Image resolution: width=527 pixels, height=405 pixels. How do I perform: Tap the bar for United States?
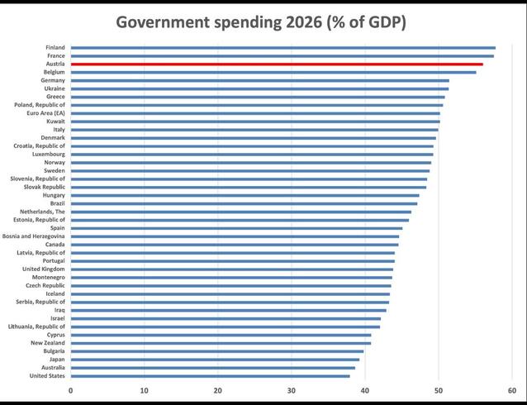click(210, 376)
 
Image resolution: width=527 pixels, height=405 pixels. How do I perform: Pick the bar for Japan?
click(215, 360)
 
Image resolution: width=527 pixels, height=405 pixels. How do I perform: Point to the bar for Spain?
click(236, 228)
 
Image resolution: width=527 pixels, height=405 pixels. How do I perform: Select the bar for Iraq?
click(228, 310)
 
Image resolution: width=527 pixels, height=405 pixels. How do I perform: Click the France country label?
click(56, 55)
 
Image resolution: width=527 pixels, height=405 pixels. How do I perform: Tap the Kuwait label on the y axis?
click(55, 121)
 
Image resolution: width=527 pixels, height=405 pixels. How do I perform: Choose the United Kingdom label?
click(44, 269)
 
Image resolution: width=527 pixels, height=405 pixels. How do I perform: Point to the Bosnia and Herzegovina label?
click(34, 236)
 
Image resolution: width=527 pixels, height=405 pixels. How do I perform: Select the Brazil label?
click(57, 203)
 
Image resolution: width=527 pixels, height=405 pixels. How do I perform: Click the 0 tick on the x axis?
click(71, 391)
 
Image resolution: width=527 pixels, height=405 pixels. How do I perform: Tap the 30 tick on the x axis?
click(292, 391)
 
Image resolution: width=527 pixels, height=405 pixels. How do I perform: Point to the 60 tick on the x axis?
click(512, 391)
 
